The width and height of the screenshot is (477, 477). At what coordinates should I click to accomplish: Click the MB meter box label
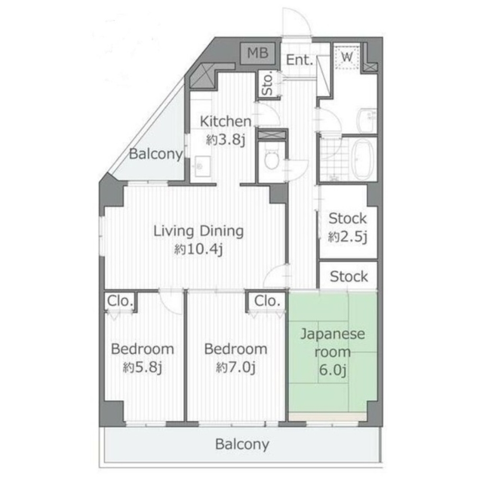point(258,53)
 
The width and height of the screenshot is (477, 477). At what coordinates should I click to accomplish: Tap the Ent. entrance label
point(300,60)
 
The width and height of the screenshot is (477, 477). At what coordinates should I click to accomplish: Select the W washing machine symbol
point(347,56)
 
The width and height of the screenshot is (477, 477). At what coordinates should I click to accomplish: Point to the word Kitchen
point(225,122)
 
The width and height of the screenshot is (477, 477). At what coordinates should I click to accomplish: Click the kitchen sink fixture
point(201,166)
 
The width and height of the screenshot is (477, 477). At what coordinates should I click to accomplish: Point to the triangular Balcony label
point(156,154)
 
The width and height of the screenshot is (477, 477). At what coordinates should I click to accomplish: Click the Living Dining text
point(199,231)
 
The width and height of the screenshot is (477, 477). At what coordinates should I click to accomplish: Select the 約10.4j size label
point(199,250)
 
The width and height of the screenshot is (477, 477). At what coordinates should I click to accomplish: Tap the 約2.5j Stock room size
point(348,237)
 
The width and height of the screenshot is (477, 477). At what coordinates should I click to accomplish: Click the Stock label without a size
point(349,277)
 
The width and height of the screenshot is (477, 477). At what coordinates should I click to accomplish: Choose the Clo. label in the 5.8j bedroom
point(120,301)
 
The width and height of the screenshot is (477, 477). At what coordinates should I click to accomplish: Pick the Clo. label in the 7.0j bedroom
point(267,301)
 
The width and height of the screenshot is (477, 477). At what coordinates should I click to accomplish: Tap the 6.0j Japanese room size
point(332,370)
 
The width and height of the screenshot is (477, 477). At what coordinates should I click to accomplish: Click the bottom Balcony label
point(242,445)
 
